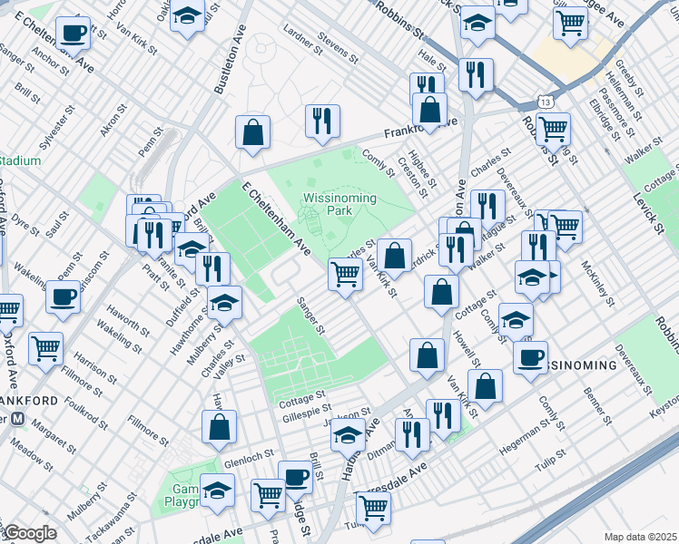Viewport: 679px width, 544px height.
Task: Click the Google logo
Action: click(30, 533)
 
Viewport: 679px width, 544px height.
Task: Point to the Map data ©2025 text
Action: click(639, 536)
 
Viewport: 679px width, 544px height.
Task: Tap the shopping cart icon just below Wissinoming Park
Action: click(345, 272)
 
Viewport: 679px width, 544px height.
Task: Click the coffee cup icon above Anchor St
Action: click(73, 34)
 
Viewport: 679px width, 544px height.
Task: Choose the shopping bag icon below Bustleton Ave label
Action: click(253, 131)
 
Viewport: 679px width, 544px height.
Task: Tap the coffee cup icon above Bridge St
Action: click(294, 476)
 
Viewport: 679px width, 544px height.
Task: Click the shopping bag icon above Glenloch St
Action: click(219, 426)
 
